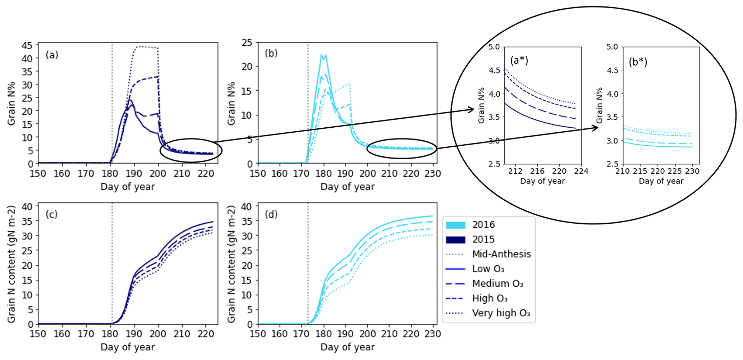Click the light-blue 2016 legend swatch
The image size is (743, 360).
pos(455,225)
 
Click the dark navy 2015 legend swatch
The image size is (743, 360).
pos(455,240)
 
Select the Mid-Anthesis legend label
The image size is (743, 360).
pos(501,254)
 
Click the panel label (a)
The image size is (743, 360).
pos(52,55)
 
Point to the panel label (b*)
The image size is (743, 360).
pos(638,62)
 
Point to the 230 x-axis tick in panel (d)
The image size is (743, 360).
pos(433,334)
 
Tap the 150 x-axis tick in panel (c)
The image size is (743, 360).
pos(38,334)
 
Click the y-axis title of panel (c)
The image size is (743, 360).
pos(12,264)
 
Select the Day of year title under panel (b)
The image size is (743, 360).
pos(347,187)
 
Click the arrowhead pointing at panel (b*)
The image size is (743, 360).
pos(596,127)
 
